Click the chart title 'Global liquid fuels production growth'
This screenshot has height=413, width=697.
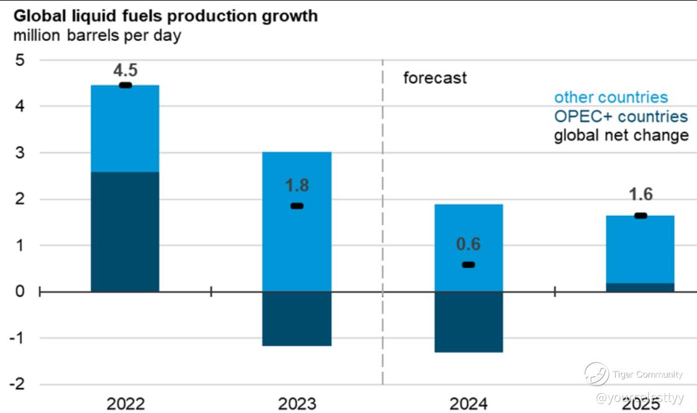pos(165,16)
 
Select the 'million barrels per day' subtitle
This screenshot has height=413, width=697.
pos(97,35)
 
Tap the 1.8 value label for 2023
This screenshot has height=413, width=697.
pos(297,186)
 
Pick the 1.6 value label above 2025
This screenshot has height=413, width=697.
pos(640,195)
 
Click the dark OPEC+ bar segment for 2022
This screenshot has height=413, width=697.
pos(125,231)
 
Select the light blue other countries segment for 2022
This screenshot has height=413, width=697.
pos(125,128)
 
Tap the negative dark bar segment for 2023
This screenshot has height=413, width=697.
pos(297,318)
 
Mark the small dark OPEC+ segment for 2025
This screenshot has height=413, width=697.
pos(640,287)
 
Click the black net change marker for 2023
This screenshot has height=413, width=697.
pos(297,206)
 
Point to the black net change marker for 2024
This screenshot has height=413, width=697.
pos(468,265)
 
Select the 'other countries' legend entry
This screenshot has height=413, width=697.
pos(611,97)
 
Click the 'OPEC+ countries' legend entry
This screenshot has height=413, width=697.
pos(621,116)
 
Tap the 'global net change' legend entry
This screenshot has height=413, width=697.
pos(621,135)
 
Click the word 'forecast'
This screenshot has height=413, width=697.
pos(435,78)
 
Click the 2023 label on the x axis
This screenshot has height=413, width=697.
pos(297,404)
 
